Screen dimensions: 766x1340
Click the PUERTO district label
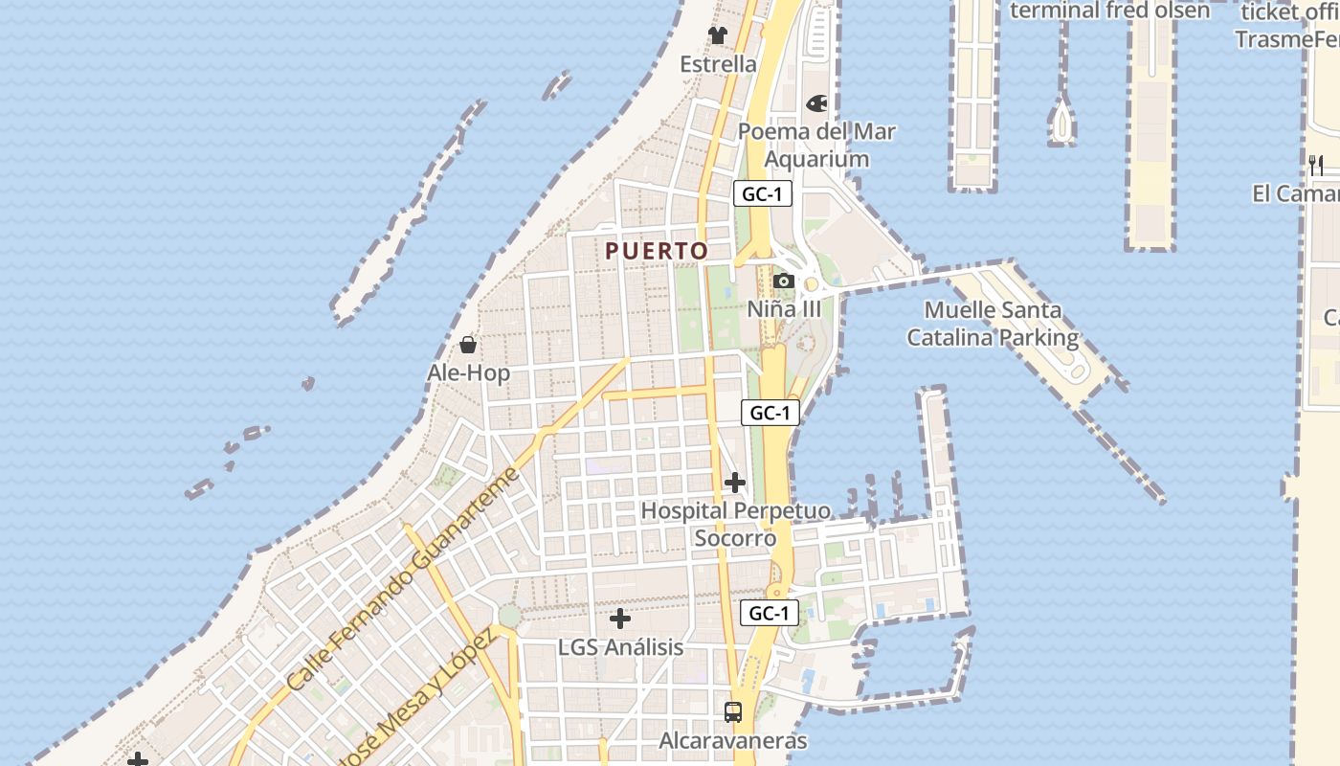[x=657, y=251]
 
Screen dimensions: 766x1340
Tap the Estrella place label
[x=718, y=64]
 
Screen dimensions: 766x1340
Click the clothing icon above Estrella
[x=718, y=35]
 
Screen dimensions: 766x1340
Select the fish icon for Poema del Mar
[x=816, y=102]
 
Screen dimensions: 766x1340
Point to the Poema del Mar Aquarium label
[x=816, y=145]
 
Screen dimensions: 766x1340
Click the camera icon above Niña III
[x=784, y=281]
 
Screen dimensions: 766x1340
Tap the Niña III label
[x=784, y=309]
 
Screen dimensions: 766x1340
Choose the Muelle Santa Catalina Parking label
[x=993, y=324]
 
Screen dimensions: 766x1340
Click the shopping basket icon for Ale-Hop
[x=468, y=345]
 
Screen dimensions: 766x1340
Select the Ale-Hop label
[x=468, y=372]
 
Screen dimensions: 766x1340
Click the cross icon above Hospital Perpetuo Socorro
[x=735, y=483]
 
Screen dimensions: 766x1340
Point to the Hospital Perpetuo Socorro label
[x=735, y=524]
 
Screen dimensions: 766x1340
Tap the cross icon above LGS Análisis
[x=620, y=619]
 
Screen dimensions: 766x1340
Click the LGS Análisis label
[x=620, y=647]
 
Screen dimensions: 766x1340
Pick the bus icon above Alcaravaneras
[x=733, y=712]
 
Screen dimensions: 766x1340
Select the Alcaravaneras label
[x=733, y=741]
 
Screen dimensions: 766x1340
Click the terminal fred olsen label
[x=1110, y=11]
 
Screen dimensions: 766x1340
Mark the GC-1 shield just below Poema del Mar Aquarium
[x=763, y=193]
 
